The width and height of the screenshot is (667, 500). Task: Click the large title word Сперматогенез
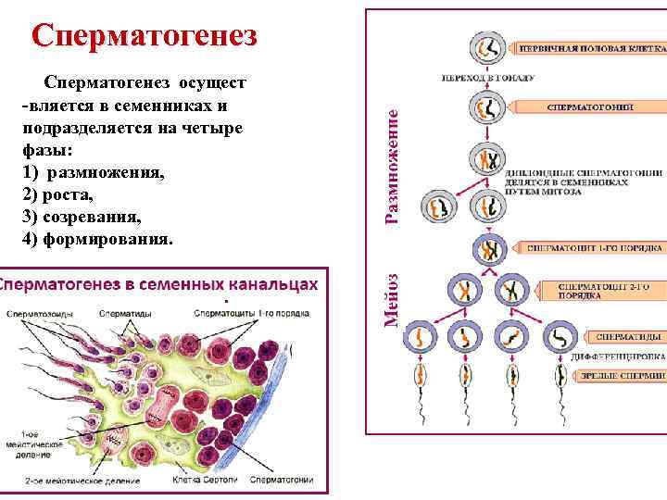coord(143,36)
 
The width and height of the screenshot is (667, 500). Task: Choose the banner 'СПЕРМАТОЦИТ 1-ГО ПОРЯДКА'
coord(595,248)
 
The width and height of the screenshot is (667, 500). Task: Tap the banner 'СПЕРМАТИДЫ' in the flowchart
coord(628,337)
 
